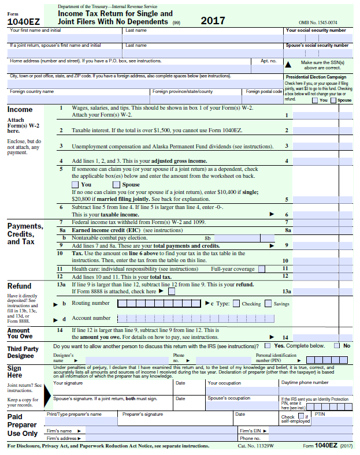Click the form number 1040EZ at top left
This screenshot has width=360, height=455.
[x=20, y=21]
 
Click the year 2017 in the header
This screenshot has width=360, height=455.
[x=213, y=21]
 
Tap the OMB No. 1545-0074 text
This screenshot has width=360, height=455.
[x=318, y=22]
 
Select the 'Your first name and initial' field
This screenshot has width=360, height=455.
[x=65, y=38]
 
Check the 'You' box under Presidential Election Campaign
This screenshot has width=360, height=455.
[x=315, y=100]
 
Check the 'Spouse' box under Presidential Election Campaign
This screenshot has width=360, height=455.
[x=333, y=100]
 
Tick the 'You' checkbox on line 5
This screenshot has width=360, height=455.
[x=75, y=184]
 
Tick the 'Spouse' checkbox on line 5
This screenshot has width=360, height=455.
[x=116, y=184]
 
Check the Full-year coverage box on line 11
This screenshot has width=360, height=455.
[x=262, y=268]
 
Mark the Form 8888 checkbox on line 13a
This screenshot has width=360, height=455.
[x=171, y=292]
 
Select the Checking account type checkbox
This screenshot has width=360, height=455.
[x=236, y=304]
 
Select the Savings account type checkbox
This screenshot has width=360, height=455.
[x=268, y=304]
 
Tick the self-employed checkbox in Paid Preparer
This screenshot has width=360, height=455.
[x=300, y=415]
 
